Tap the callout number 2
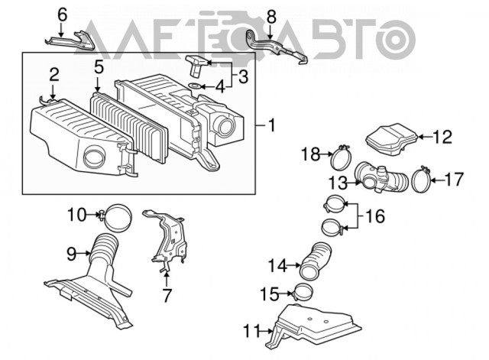click(x=53, y=75)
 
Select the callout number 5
click(x=99, y=68)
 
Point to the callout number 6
click(x=63, y=14)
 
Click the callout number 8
click(x=271, y=15)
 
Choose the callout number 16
click(x=375, y=217)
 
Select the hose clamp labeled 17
click(x=419, y=179)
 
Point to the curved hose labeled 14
click(x=316, y=261)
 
